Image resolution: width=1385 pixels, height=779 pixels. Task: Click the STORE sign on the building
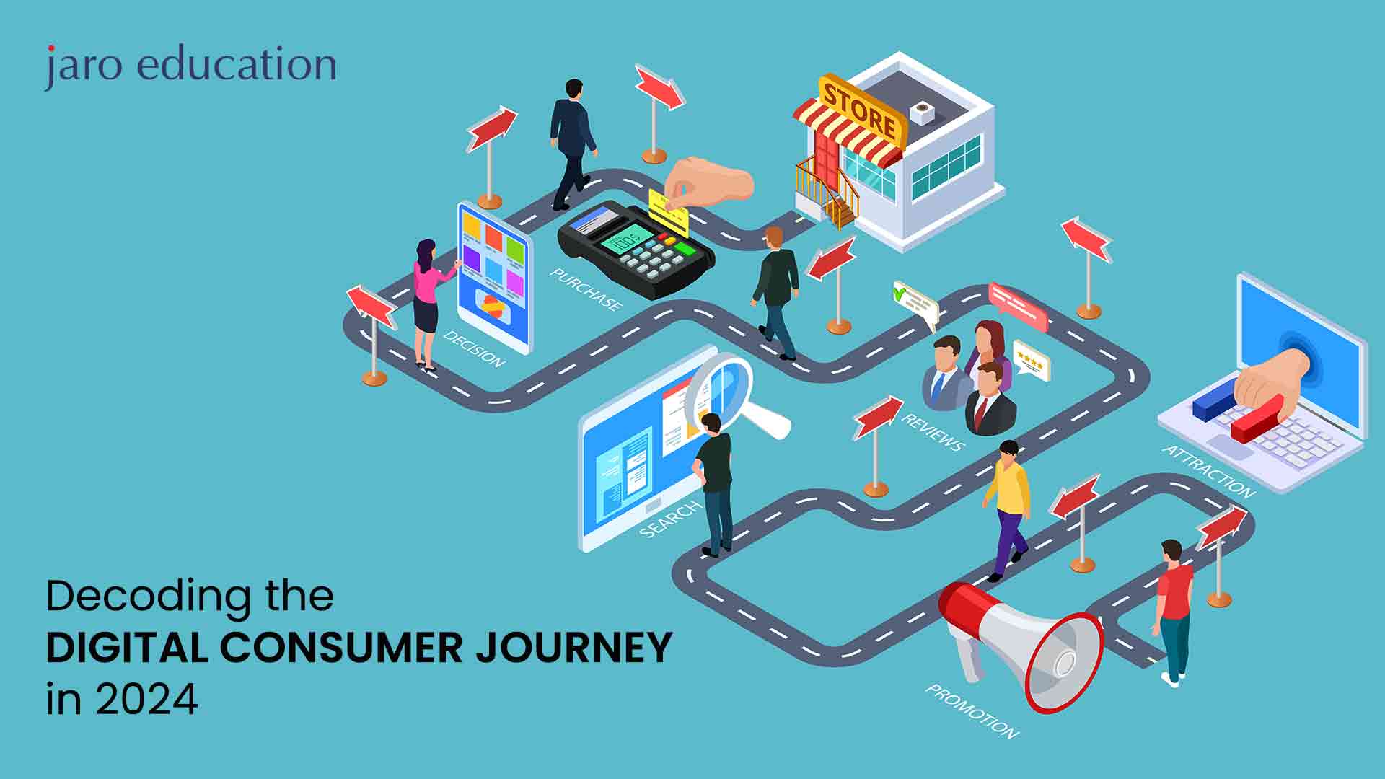point(861,110)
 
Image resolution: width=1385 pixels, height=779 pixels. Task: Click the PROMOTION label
point(972,711)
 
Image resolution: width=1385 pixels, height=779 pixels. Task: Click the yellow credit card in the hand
point(667,211)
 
